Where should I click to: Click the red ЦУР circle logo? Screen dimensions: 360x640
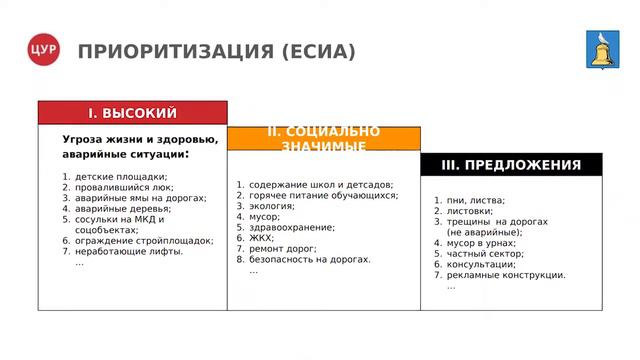[44, 51]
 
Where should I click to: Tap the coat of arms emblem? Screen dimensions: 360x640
[601, 51]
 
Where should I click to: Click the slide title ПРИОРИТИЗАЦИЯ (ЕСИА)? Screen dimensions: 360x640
[216, 51]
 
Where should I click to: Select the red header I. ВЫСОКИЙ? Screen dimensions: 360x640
[132, 112]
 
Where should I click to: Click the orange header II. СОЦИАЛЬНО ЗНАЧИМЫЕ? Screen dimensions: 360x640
[323, 138]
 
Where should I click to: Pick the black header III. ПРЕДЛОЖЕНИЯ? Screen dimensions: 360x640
[511, 165]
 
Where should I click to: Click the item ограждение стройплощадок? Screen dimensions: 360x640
[144, 240]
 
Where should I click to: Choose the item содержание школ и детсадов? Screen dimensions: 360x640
[321, 184]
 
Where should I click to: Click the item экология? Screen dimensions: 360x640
[272, 205]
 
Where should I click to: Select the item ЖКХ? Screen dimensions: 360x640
[262, 238]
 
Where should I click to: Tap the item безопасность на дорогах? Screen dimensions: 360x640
[310, 259]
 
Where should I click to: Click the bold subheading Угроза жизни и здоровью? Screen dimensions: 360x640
[139, 139]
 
